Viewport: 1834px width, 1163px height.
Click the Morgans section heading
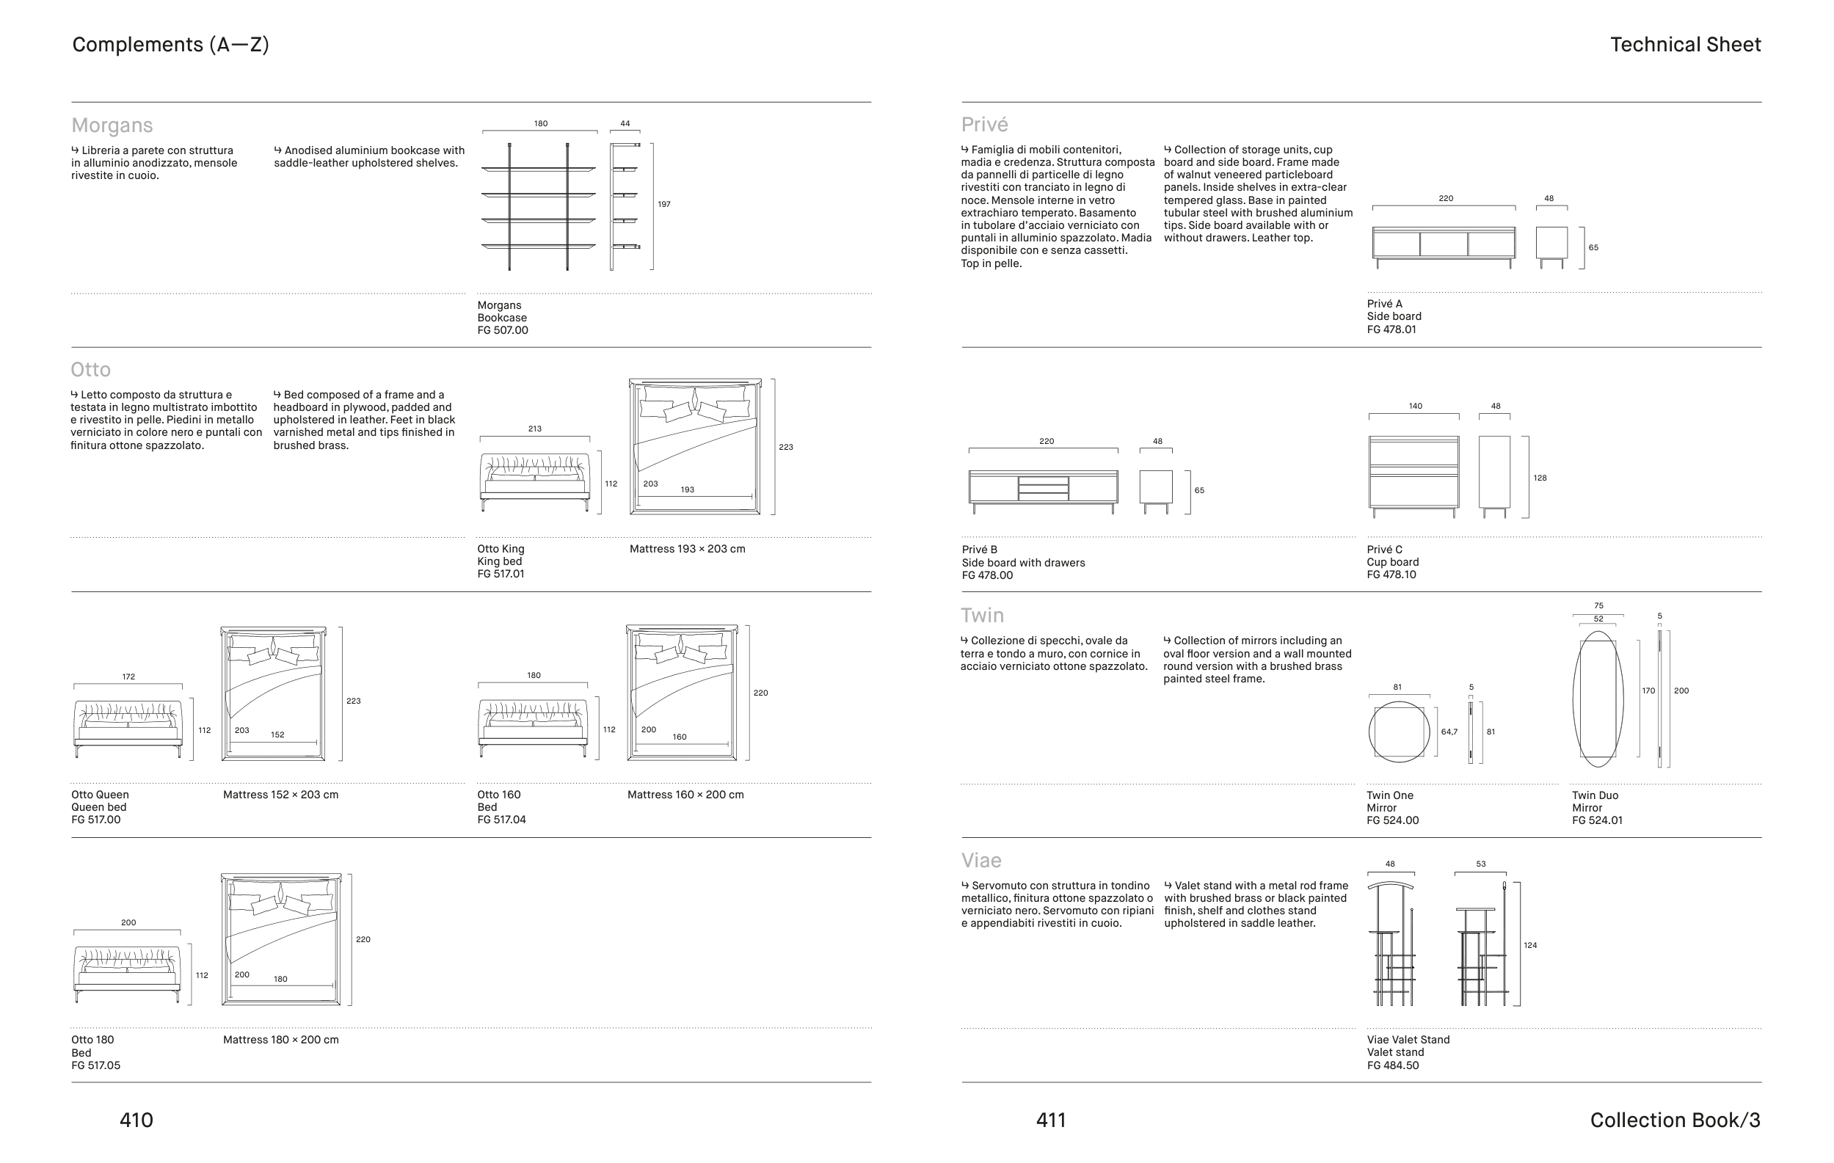112,125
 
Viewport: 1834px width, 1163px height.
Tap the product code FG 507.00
503,330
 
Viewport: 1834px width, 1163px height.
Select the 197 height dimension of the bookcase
664,204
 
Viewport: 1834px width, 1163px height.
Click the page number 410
137,1120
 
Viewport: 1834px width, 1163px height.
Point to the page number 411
1051,1120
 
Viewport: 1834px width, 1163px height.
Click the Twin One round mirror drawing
1399,732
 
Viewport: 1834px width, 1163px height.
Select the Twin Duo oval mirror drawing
1597,699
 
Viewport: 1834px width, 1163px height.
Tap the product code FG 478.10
1391,575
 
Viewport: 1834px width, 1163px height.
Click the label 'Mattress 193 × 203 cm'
687,549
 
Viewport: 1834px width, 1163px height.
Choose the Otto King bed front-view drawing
535,482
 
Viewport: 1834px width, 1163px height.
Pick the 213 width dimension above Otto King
535,429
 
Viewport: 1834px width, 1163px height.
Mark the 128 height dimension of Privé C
1539,478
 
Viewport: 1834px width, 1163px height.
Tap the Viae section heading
981,861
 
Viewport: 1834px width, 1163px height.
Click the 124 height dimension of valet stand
1530,945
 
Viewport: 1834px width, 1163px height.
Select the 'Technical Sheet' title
1685,45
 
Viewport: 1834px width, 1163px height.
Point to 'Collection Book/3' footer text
1675,1120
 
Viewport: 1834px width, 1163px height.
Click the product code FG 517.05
96,1065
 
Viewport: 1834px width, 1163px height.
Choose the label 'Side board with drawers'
1023,563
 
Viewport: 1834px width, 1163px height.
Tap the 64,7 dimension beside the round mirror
1449,732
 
